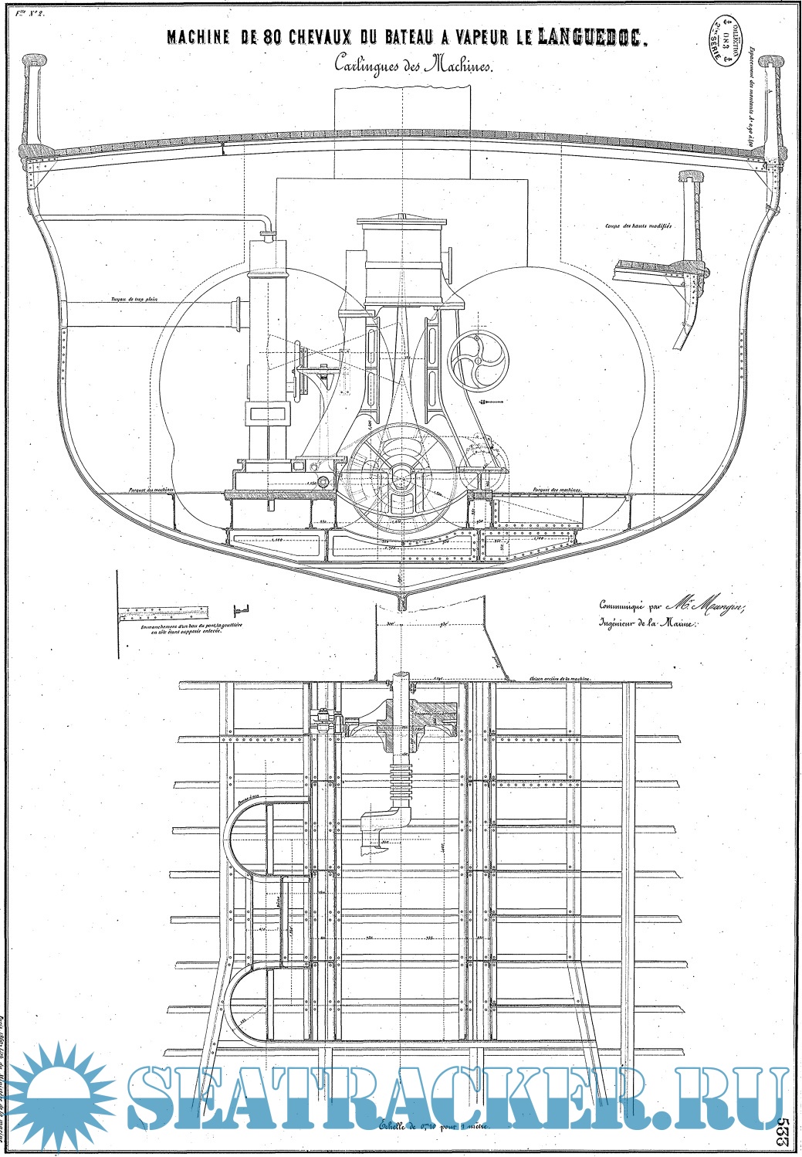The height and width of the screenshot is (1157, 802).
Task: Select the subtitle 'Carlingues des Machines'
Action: (412, 66)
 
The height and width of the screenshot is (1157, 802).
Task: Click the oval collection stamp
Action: (725, 46)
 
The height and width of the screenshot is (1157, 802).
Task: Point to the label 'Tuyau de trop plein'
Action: (134, 300)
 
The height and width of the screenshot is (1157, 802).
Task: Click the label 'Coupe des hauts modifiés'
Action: (638, 226)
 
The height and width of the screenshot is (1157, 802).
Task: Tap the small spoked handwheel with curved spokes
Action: (478, 363)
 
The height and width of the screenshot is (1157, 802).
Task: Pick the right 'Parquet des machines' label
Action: (557, 490)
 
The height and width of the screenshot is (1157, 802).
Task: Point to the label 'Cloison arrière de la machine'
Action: (560, 677)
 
